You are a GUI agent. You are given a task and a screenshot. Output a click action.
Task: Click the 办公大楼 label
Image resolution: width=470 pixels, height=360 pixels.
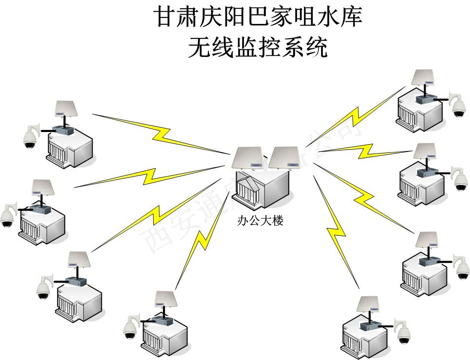pos(260,221)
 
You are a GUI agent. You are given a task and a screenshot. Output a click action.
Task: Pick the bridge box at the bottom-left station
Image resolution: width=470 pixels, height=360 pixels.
pos(158,321)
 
